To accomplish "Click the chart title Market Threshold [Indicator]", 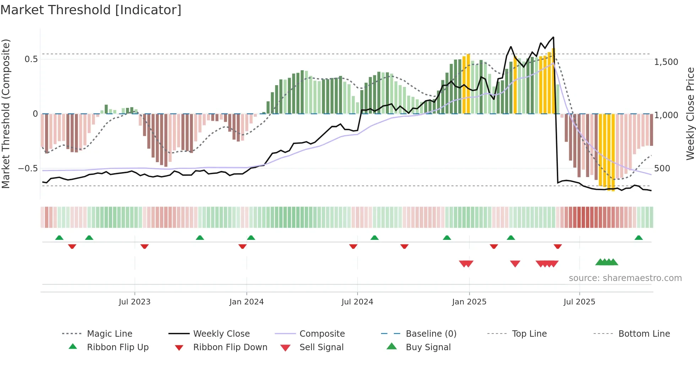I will coord(91,10).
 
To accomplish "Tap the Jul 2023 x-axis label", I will coord(135,302).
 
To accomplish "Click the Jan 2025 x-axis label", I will coord(469,302).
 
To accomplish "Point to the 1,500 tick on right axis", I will coord(666,62).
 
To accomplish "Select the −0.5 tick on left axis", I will coord(28,168).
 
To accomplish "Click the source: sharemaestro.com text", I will coord(625,278).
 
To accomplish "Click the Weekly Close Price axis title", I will coord(690,114).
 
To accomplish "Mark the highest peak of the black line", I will coord(553,37).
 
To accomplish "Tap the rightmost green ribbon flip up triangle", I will coord(638,238).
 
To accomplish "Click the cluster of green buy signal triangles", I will coord(607,262).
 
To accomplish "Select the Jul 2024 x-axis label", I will coord(357,302).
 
